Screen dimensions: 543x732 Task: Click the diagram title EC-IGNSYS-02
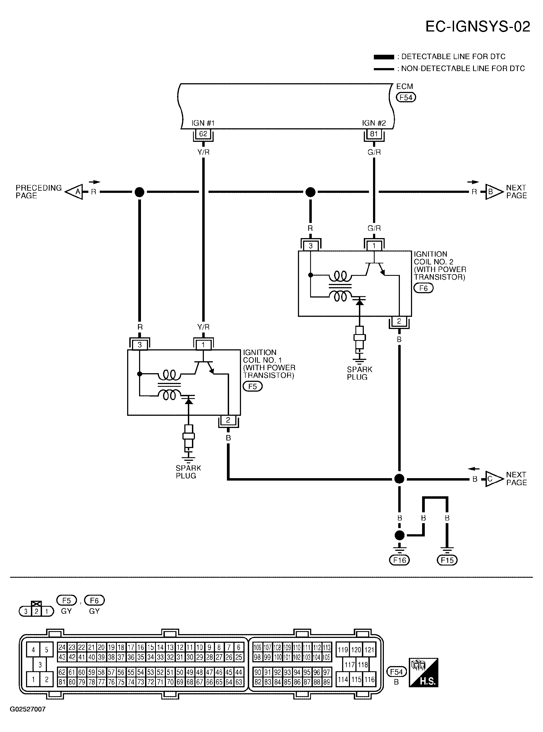478,27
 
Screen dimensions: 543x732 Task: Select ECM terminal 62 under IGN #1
203,134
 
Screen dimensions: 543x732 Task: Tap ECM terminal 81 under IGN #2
374,134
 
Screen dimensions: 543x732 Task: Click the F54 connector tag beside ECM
406,97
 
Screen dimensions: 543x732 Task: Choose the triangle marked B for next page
493,192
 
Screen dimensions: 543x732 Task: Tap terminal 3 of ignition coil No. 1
140,345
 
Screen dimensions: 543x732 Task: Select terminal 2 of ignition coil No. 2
399,321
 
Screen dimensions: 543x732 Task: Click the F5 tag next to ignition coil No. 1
252,386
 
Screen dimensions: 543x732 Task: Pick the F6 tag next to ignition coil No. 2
423,288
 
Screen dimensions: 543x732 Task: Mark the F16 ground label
399,560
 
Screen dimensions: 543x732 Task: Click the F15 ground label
447,560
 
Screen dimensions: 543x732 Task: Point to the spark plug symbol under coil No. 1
189,437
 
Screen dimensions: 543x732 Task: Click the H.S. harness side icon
423,673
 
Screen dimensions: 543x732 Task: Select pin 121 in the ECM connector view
370,650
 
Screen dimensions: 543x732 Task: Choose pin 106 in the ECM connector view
258,647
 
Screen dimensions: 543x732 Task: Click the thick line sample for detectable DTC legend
384,57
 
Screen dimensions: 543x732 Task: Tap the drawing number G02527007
28,718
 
